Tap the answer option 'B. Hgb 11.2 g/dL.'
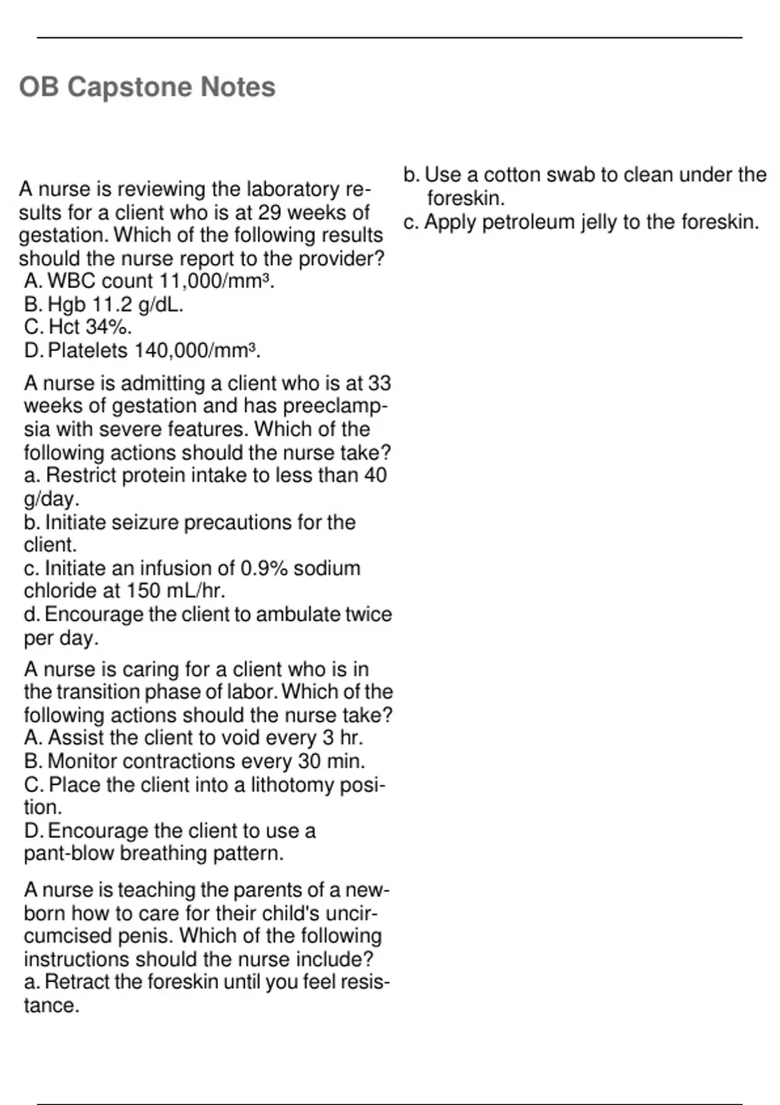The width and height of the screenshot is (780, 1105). click(103, 304)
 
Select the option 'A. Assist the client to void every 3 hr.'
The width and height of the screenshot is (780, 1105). click(193, 738)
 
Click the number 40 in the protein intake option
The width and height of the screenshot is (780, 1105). click(375, 475)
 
